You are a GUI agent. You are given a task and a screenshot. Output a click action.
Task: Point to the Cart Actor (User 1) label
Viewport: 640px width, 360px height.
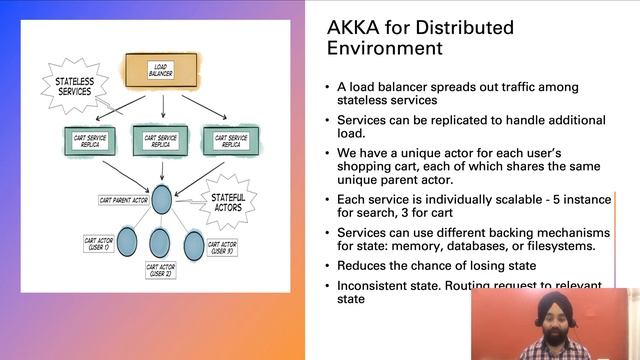pyautogui.click(x=99, y=243)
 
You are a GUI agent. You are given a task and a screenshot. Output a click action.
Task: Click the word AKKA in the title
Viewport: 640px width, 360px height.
pyautogui.click(x=351, y=26)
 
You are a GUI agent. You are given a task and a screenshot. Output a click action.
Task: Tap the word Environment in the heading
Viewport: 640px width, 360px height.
pyautogui.click(x=375, y=47)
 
